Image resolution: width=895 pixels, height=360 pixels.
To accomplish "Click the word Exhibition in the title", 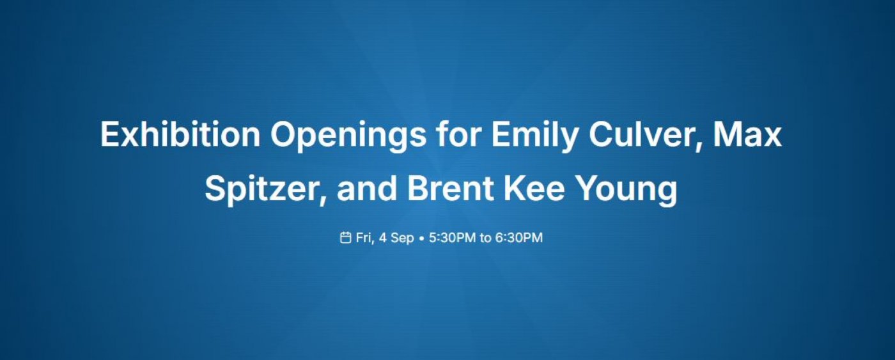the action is [180, 134].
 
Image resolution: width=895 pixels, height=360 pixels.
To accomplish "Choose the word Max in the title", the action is [747, 135].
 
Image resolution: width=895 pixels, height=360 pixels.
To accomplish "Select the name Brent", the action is [450, 189].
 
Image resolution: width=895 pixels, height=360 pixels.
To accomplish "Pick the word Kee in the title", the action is [534, 189].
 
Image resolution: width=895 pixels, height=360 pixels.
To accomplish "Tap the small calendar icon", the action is [345, 237].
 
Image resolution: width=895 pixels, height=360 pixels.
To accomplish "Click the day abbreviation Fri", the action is [364, 238].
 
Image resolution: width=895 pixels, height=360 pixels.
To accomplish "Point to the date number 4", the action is [383, 238].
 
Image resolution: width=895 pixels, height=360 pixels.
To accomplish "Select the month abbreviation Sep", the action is [402, 239].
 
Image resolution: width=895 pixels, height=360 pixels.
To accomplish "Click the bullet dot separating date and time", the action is [421, 239].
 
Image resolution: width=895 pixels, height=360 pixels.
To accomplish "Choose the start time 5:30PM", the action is [453, 238].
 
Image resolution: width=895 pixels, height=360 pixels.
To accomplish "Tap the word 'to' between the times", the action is [485, 238].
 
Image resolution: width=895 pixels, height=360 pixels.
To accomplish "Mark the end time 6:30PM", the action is [519, 238].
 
